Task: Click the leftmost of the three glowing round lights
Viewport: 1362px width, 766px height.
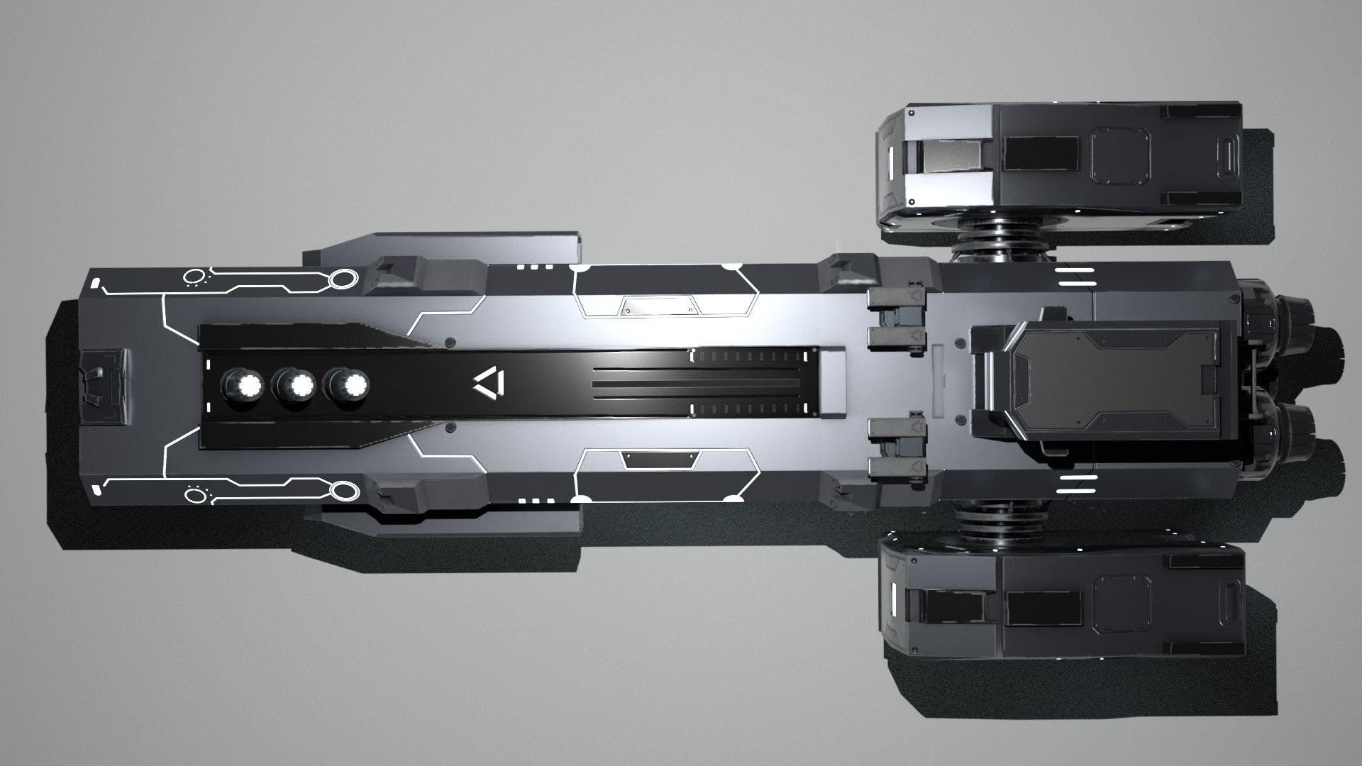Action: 248,386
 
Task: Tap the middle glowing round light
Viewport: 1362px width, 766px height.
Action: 299,386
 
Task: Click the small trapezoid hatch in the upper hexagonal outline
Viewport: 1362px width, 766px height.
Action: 656,306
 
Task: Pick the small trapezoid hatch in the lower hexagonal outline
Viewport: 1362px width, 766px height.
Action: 656,460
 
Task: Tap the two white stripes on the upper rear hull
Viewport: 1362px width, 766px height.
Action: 1075,278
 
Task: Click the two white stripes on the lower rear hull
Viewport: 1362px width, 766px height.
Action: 1075,487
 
